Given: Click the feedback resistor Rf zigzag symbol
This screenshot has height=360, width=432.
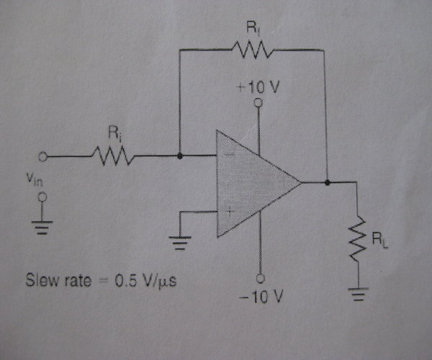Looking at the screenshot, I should point(251,50).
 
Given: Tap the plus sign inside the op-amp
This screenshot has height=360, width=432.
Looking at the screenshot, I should point(229,211).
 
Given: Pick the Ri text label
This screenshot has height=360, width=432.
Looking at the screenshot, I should point(113,133).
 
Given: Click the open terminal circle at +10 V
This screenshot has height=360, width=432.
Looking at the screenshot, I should point(258,102).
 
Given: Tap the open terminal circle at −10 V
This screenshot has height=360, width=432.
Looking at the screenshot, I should point(258,278).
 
